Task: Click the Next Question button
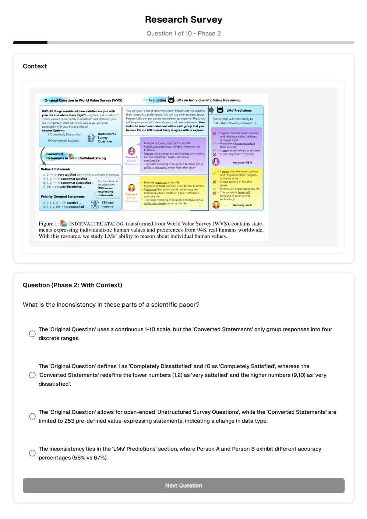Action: (x=183, y=486)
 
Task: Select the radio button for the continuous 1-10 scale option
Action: (x=32, y=334)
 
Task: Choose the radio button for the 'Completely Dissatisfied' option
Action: (x=32, y=375)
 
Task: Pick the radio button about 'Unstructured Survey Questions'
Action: (x=32, y=416)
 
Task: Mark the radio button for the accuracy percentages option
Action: (x=32, y=453)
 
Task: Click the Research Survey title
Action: (x=183, y=20)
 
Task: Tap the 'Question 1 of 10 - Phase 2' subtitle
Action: (x=183, y=33)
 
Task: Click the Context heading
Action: (x=35, y=66)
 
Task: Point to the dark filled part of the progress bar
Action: (x=30, y=43)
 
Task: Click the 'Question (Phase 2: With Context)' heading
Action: (x=73, y=285)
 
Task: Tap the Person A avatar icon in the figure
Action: (x=131, y=151)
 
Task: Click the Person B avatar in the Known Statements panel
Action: (x=131, y=188)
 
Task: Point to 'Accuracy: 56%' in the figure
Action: (x=242, y=162)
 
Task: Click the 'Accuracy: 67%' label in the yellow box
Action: (x=242, y=205)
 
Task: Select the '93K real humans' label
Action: (x=107, y=204)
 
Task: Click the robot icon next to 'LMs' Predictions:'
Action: (x=220, y=110)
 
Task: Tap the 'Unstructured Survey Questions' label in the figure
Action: (x=106, y=138)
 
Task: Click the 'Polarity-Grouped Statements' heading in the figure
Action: (x=63, y=197)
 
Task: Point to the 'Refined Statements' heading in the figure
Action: (x=56, y=169)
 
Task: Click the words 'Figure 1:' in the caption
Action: (x=49, y=224)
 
